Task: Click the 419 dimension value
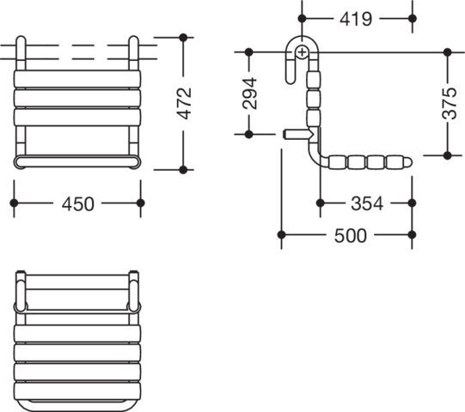point(356,19)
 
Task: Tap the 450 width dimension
point(78,204)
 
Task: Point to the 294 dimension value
point(249,94)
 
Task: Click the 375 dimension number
point(449,103)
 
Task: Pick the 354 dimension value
point(367,203)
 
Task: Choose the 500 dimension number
point(350,236)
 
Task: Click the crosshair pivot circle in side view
point(302,53)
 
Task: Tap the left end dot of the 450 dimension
point(14,203)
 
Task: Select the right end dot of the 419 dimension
point(413,18)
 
